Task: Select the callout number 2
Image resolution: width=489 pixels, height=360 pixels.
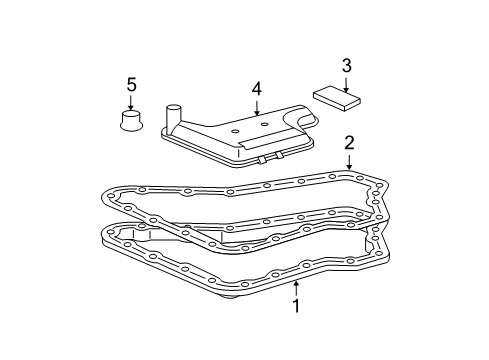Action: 349,141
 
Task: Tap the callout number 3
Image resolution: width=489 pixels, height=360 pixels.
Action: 346,65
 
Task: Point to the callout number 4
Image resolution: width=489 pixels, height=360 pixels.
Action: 256,89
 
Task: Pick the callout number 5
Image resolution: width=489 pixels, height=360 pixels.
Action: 130,83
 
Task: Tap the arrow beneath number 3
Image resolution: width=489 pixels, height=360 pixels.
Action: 346,80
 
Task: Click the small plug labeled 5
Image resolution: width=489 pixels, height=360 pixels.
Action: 130,121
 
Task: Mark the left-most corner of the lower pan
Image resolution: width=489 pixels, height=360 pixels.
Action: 102,236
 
